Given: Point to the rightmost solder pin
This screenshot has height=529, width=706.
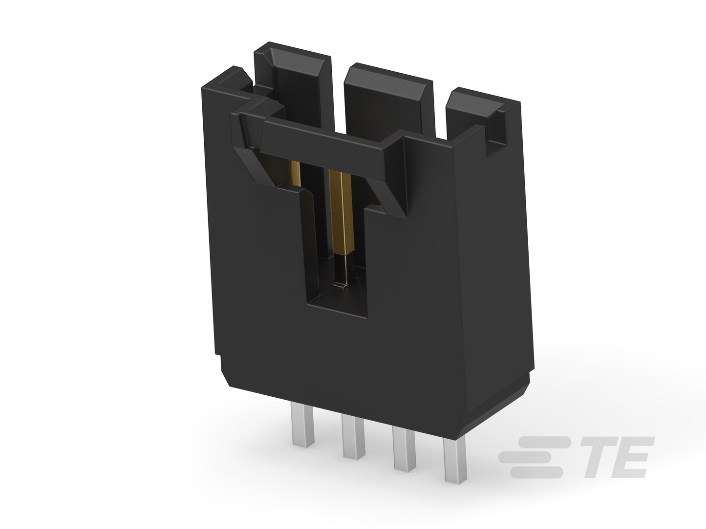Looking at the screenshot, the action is point(455,459).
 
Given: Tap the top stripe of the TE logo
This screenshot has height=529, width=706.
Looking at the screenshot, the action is point(544,442).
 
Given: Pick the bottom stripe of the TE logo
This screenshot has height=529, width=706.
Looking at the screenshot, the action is point(536,472).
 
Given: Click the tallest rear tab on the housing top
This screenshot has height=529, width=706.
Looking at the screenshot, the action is point(293,84).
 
